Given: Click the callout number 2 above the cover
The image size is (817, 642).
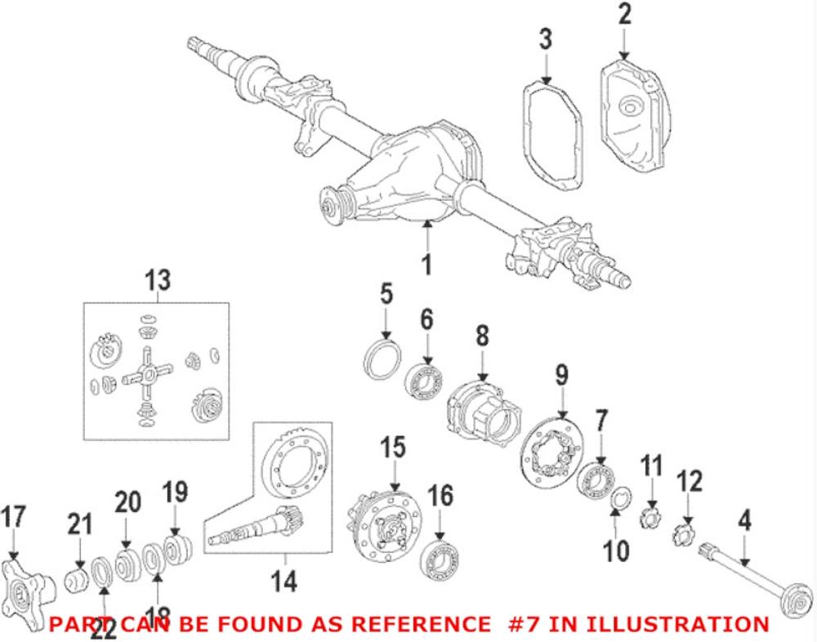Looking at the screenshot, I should pos(625,14).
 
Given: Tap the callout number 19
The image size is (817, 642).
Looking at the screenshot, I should pos(174,493).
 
